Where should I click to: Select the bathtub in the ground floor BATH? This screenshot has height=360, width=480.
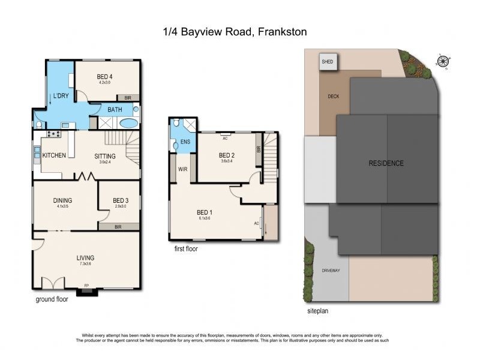(128, 124)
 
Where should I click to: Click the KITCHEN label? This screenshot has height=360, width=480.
(53, 155)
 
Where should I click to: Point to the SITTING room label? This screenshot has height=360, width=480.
(105, 156)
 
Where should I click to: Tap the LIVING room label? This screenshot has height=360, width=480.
(85, 258)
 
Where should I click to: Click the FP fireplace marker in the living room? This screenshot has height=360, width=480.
(86, 286)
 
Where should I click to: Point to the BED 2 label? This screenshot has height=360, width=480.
(227, 155)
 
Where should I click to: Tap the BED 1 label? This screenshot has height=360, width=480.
(205, 212)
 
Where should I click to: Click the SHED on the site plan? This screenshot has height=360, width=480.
(328, 62)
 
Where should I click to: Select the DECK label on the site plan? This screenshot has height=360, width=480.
(334, 96)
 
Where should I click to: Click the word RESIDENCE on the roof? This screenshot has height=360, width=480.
(386, 163)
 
